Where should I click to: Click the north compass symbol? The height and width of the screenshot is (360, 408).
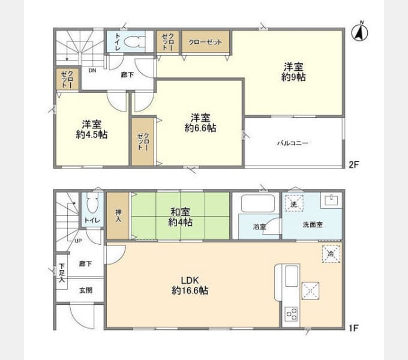click(x=359, y=32)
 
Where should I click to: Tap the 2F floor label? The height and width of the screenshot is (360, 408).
click(x=354, y=164)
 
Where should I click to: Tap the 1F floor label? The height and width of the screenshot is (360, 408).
click(x=354, y=328)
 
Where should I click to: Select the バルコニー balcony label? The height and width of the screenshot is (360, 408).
click(x=293, y=143)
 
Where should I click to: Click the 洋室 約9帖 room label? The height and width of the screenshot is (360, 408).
click(x=293, y=72)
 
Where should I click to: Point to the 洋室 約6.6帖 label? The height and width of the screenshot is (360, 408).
click(x=200, y=123)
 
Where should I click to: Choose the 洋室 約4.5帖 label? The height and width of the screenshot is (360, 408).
click(x=92, y=130)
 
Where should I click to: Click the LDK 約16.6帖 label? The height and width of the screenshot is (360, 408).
click(x=190, y=286)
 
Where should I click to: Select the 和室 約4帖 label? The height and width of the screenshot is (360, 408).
click(x=181, y=217)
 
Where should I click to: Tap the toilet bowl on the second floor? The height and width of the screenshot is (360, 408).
click(x=133, y=41)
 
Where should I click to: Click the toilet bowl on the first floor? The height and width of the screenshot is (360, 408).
click(x=92, y=203)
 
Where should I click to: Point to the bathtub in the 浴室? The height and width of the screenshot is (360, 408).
click(x=258, y=203)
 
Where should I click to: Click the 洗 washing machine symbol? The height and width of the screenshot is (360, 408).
click(x=294, y=203)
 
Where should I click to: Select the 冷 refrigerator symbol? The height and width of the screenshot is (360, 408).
click(x=331, y=254)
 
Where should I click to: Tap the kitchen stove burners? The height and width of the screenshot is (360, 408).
click(x=292, y=314)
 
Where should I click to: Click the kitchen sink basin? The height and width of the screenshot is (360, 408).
click(x=292, y=276)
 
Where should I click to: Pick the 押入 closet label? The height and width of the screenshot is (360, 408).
click(x=118, y=215)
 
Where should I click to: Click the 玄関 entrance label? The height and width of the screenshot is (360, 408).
click(x=86, y=290)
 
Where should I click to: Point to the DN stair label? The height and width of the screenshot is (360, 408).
click(x=92, y=70)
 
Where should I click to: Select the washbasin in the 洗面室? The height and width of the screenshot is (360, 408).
click(x=331, y=200)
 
